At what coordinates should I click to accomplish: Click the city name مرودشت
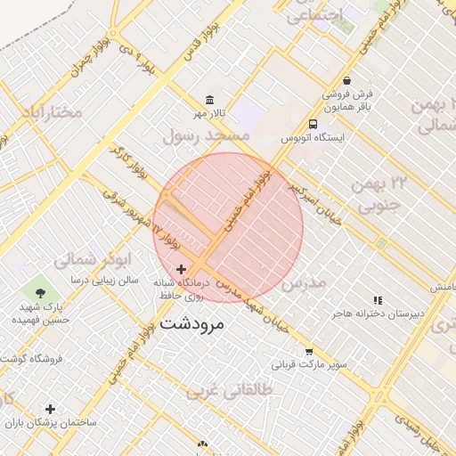click(194, 324)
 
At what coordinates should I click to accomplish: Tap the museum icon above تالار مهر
click(209, 99)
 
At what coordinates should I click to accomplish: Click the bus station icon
click(313, 125)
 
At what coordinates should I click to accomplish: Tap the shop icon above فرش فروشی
click(346, 80)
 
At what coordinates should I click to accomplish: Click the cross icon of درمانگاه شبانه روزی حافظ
click(182, 269)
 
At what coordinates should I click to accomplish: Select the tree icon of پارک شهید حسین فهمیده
click(39, 291)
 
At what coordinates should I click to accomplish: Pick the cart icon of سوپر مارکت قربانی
click(309, 351)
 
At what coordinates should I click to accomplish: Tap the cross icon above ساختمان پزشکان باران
click(51, 409)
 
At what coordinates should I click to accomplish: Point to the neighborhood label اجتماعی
click(313, 16)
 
